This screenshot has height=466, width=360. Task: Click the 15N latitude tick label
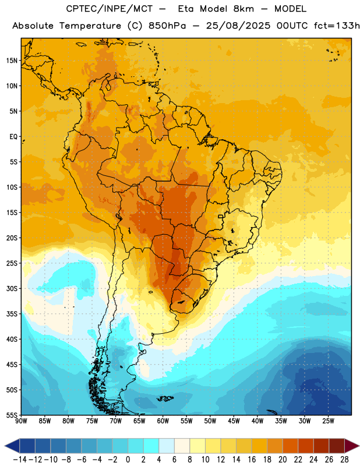point(12,61)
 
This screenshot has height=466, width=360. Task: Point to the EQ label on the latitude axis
point(13,137)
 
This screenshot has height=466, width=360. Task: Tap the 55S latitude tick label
point(12,415)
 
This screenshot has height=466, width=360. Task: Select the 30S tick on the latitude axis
point(12,288)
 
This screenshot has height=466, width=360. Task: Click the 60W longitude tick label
point(163,421)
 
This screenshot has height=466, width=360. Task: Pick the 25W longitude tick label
point(328,421)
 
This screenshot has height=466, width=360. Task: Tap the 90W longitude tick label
point(21,421)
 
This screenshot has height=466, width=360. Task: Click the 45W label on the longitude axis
point(234,421)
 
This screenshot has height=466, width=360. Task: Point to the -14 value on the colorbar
point(20,460)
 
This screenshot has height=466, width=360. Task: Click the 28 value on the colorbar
point(344,460)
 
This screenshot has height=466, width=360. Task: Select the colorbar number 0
point(128,460)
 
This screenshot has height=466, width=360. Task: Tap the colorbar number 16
point(252,460)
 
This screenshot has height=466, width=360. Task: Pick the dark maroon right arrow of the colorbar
point(351,446)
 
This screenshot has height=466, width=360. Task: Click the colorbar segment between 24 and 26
point(321,446)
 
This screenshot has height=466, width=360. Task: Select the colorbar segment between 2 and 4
point(151,446)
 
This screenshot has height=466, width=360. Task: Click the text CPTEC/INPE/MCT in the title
point(110,9)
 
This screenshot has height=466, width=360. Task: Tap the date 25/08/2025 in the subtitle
point(238,26)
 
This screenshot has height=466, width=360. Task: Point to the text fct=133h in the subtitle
point(337,26)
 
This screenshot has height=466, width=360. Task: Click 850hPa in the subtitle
point(167,26)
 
